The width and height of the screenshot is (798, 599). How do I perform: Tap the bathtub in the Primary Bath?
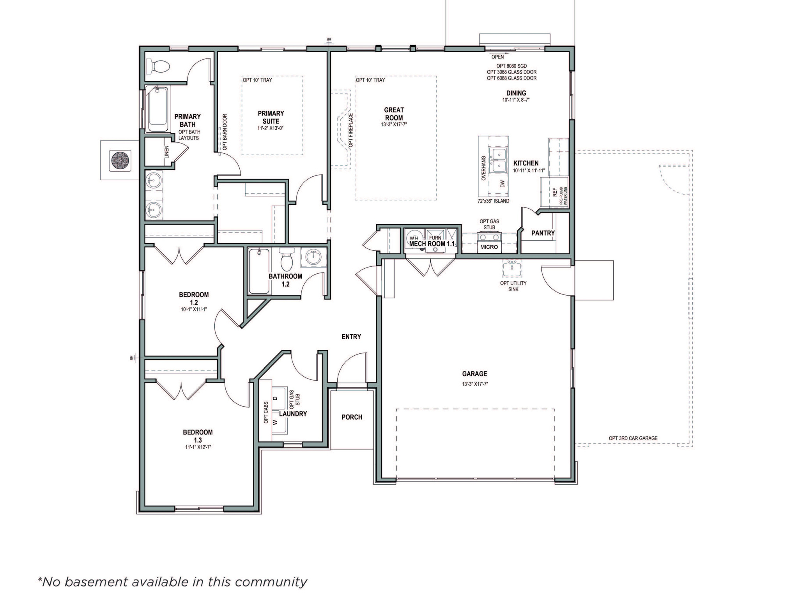157,109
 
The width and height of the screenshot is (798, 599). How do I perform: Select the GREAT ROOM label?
394,114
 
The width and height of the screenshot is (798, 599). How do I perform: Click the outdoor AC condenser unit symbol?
119,160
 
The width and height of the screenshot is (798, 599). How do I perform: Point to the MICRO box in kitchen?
489,247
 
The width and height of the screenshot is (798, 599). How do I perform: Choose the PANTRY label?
543,233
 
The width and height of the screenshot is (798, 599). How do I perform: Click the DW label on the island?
502,184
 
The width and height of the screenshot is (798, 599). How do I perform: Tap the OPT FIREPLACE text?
350,130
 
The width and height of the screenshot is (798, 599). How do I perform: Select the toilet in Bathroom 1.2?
287,259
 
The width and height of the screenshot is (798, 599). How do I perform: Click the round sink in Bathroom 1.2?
313,257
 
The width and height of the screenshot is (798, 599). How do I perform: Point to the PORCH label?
352,417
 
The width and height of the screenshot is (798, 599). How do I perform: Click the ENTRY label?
351,337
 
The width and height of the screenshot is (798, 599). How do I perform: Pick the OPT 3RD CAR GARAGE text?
633,438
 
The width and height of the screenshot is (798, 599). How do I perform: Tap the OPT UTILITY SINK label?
513,286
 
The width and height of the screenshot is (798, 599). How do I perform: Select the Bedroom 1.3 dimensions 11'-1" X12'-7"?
198,447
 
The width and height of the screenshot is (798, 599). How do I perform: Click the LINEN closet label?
167,152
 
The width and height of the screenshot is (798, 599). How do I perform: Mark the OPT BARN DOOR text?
225,132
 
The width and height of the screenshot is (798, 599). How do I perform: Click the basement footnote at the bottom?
172,582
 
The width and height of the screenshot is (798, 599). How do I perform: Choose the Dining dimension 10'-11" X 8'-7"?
516,100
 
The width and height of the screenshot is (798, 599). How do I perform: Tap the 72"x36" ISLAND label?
493,201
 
